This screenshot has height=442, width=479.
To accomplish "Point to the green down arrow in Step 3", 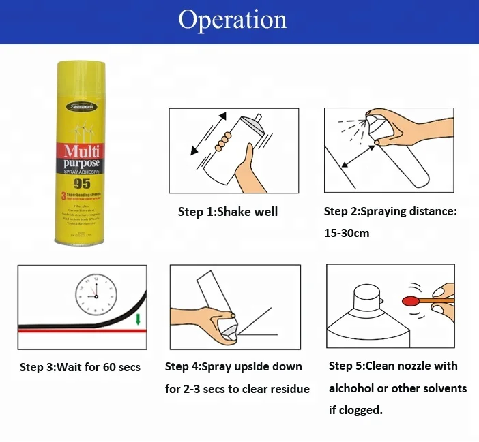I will pyautogui.click(x=138, y=319).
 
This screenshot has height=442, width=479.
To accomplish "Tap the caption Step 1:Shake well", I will pyautogui.click(x=227, y=212).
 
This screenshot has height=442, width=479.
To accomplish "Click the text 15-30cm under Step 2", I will pyautogui.click(x=347, y=233).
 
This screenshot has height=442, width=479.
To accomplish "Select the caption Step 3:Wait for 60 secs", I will pyautogui.click(x=80, y=367).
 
